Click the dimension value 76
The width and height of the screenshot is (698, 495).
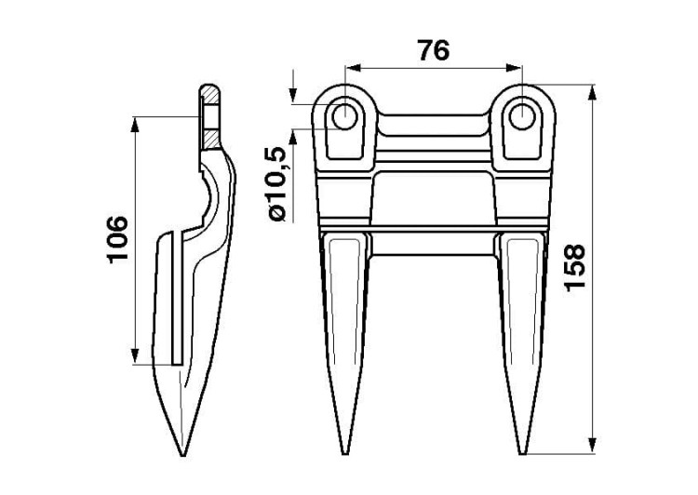tap(434, 50)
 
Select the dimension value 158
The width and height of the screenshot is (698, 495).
tap(574, 268)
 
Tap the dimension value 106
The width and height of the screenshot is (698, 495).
tap(117, 239)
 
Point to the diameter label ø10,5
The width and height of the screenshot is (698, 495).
tap(279, 184)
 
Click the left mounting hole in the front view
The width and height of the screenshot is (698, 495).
tap(344, 116)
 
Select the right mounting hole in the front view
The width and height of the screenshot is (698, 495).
tap(522, 116)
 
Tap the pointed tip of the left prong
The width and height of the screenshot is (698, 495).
tap(345, 454)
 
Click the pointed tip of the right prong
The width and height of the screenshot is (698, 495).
tap(522, 454)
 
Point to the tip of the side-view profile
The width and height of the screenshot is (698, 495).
tap(182, 455)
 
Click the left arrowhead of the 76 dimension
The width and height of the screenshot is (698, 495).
tap(353, 68)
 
